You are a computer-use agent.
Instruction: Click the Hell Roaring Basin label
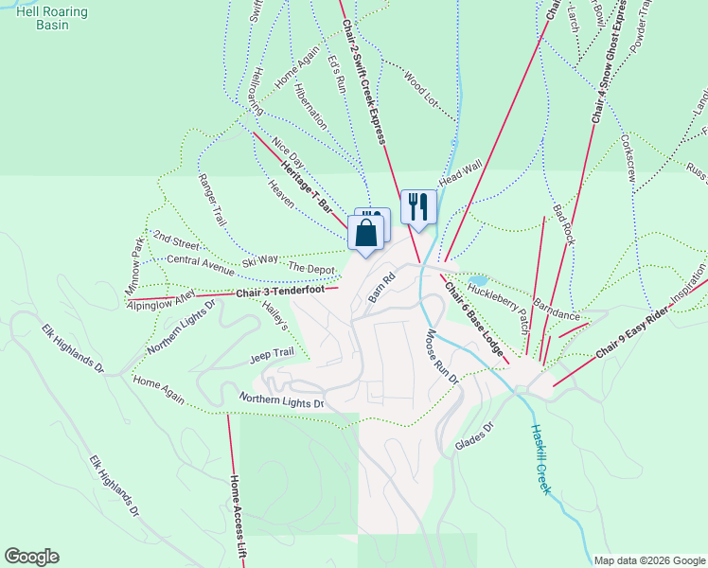point(50,18)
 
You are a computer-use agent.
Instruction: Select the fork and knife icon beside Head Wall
point(418,206)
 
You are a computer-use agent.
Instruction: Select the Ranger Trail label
point(212,199)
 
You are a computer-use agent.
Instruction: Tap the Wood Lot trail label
point(423,89)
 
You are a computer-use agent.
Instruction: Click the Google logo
point(31,557)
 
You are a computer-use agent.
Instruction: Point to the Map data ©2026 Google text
point(648,560)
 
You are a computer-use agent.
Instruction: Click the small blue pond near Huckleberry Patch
point(476,281)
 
